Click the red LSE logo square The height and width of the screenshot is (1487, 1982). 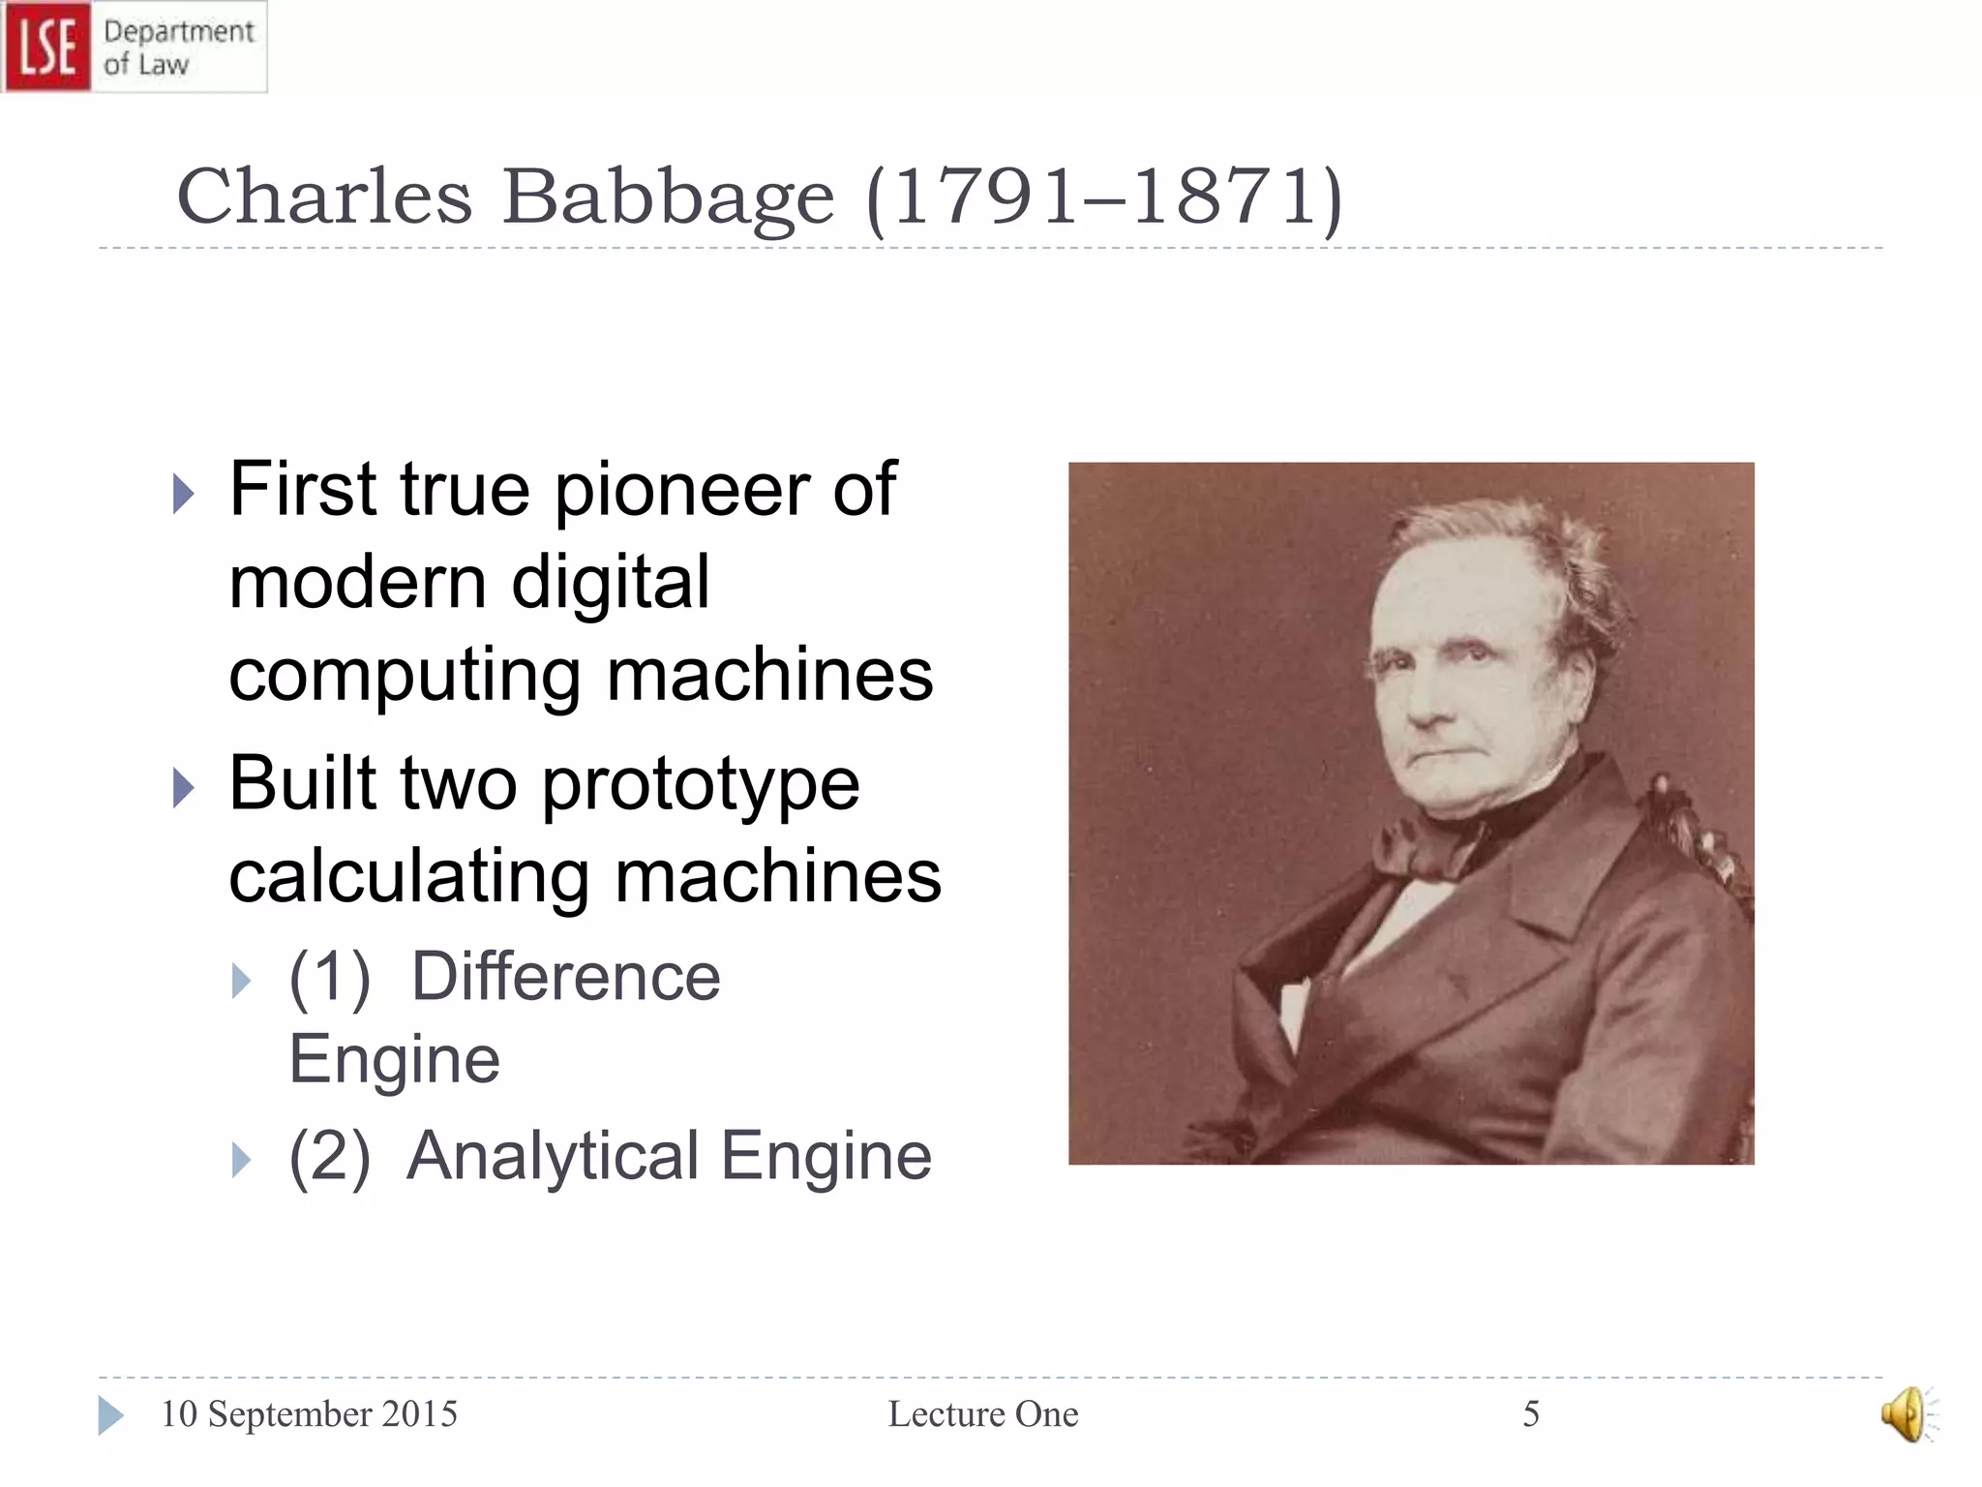pos(47,46)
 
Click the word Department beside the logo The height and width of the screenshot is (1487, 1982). pos(179,31)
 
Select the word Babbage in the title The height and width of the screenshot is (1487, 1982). pos(668,197)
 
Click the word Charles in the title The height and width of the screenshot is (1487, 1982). pos(324,197)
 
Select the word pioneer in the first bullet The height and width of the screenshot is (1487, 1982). pos(682,490)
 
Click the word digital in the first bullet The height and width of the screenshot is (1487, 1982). pos(611,583)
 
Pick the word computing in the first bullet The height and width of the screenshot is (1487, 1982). pos(405,676)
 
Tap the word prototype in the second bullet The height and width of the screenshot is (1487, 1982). pos(701,783)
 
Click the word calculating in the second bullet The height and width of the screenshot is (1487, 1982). pos(408,876)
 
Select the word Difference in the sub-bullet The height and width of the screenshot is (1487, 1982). pos(566,976)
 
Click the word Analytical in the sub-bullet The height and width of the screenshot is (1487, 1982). pos(552,1156)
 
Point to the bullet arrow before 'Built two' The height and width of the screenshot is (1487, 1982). pos(183,787)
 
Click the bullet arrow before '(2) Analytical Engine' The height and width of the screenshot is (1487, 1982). pos(241,1160)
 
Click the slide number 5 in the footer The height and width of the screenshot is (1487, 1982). pos(1531,1414)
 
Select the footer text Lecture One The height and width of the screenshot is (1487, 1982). pos(983,1414)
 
